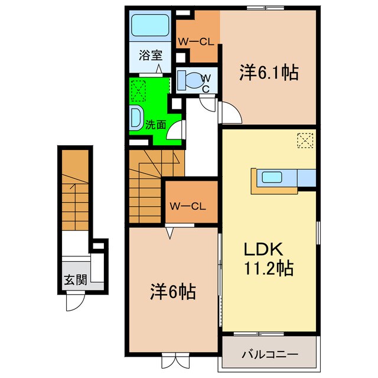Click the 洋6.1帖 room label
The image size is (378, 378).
coord(268,73)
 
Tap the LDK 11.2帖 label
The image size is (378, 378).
coord(269,259)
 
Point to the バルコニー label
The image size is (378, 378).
coord(269,354)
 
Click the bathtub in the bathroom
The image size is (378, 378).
coord(151,27)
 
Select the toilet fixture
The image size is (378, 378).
coord(191,80)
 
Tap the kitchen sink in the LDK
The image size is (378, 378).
coord(272,177)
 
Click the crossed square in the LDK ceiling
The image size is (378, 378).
coord(305,141)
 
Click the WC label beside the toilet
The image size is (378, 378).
coord(206,83)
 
